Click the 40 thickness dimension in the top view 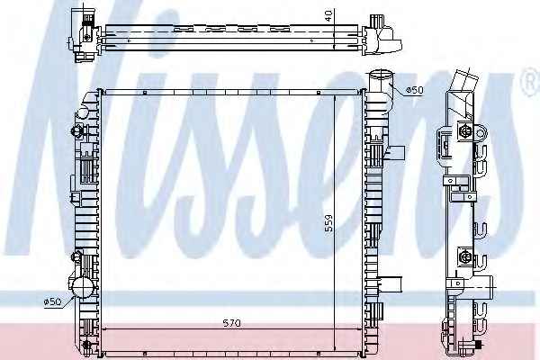[x=329, y=16]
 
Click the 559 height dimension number [x=329, y=223]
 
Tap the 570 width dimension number [x=232, y=323]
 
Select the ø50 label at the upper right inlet [x=415, y=90]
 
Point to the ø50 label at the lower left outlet [x=52, y=301]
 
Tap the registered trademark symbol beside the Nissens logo [x=532, y=82]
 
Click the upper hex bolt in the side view [x=464, y=131]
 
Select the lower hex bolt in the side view [x=463, y=256]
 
